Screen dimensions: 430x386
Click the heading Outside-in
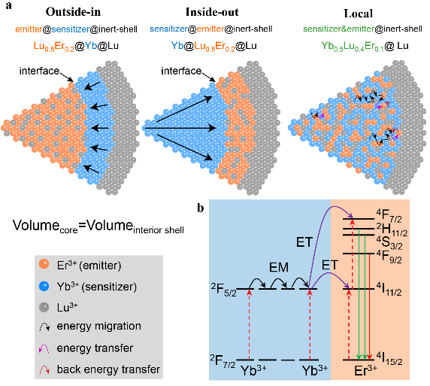(x=73, y=12)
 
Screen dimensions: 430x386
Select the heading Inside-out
(x=212, y=12)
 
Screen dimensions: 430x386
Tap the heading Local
(x=358, y=14)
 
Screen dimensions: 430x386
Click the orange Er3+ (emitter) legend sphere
(x=44, y=264)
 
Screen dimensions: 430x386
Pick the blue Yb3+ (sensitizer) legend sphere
(x=44, y=286)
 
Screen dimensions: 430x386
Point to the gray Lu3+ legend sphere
(x=44, y=307)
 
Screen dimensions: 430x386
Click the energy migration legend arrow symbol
(x=44, y=327)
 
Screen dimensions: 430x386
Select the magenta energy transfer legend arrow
(x=44, y=348)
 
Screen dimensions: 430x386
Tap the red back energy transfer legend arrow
(x=44, y=369)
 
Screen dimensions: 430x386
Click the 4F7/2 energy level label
(x=389, y=216)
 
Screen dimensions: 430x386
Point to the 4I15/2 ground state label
(x=389, y=359)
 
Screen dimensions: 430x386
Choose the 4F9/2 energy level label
(x=389, y=257)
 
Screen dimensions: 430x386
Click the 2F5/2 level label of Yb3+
(x=223, y=290)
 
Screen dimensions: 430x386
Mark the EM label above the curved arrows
(x=279, y=267)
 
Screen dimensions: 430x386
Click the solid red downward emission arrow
(x=370, y=306)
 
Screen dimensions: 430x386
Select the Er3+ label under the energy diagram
(x=365, y=371)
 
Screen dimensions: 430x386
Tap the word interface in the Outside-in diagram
(x=39, y=71)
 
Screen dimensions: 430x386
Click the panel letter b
(x=201, y=208)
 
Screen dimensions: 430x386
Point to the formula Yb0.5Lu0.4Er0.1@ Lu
(x=365, y=46)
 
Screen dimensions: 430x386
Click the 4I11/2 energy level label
(x=389, y=290)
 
